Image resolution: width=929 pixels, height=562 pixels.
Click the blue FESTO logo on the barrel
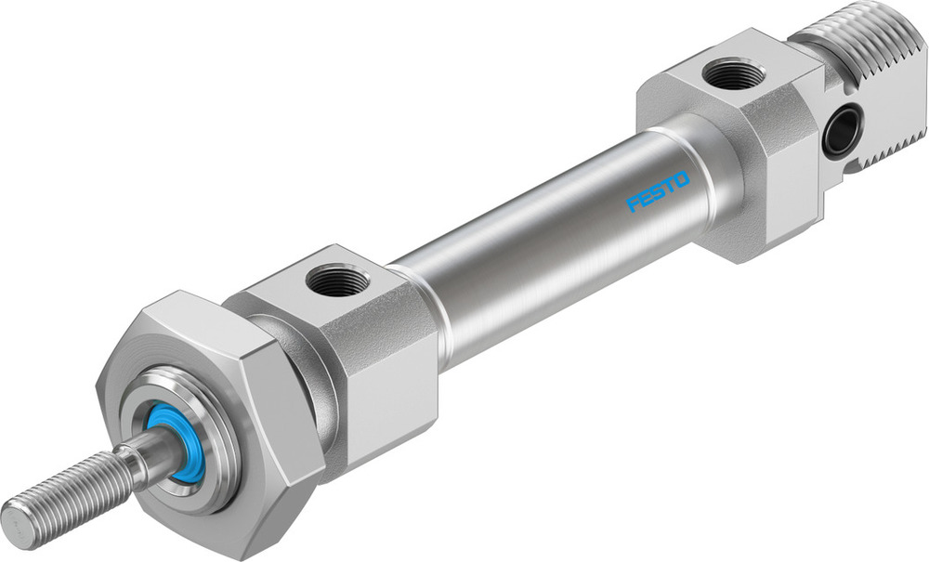point(658,190)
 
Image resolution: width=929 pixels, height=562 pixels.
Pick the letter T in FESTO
point(670,184)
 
